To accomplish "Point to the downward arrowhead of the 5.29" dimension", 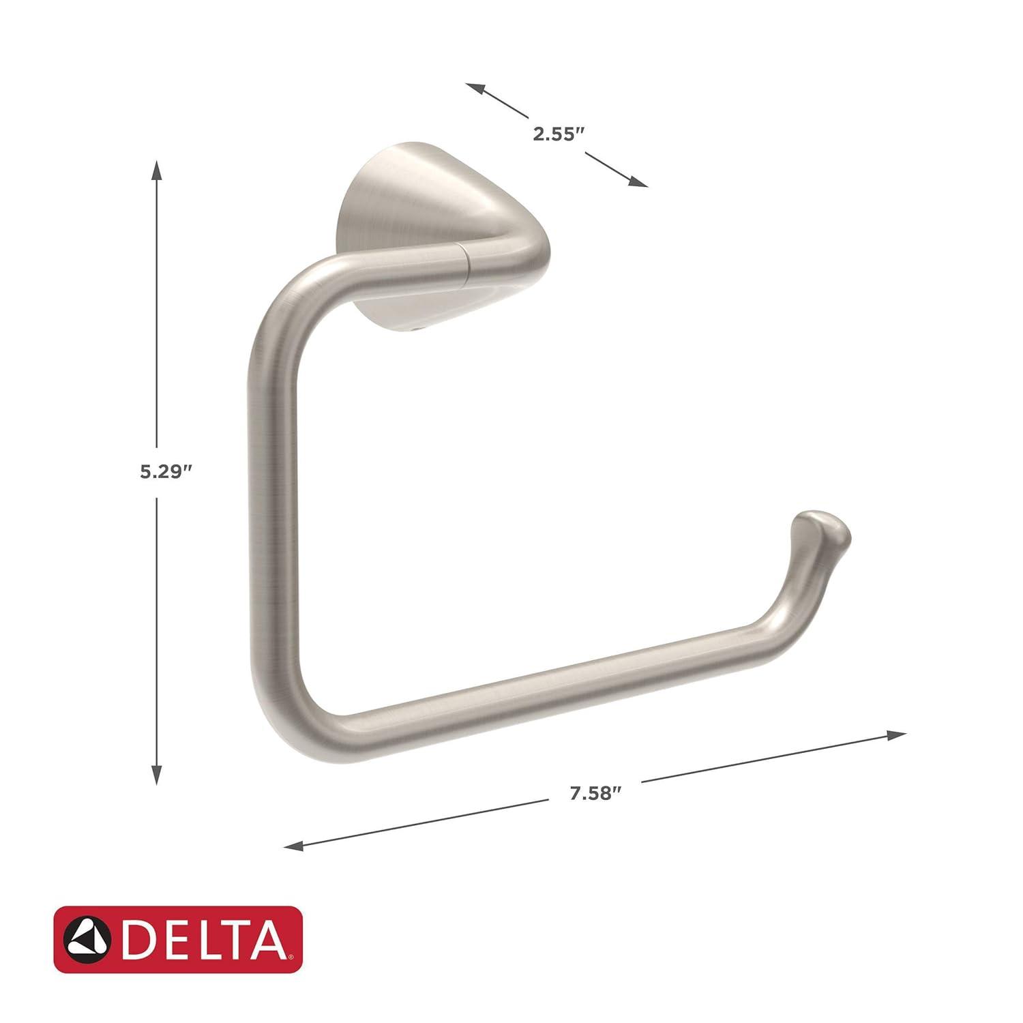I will (157, 775).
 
